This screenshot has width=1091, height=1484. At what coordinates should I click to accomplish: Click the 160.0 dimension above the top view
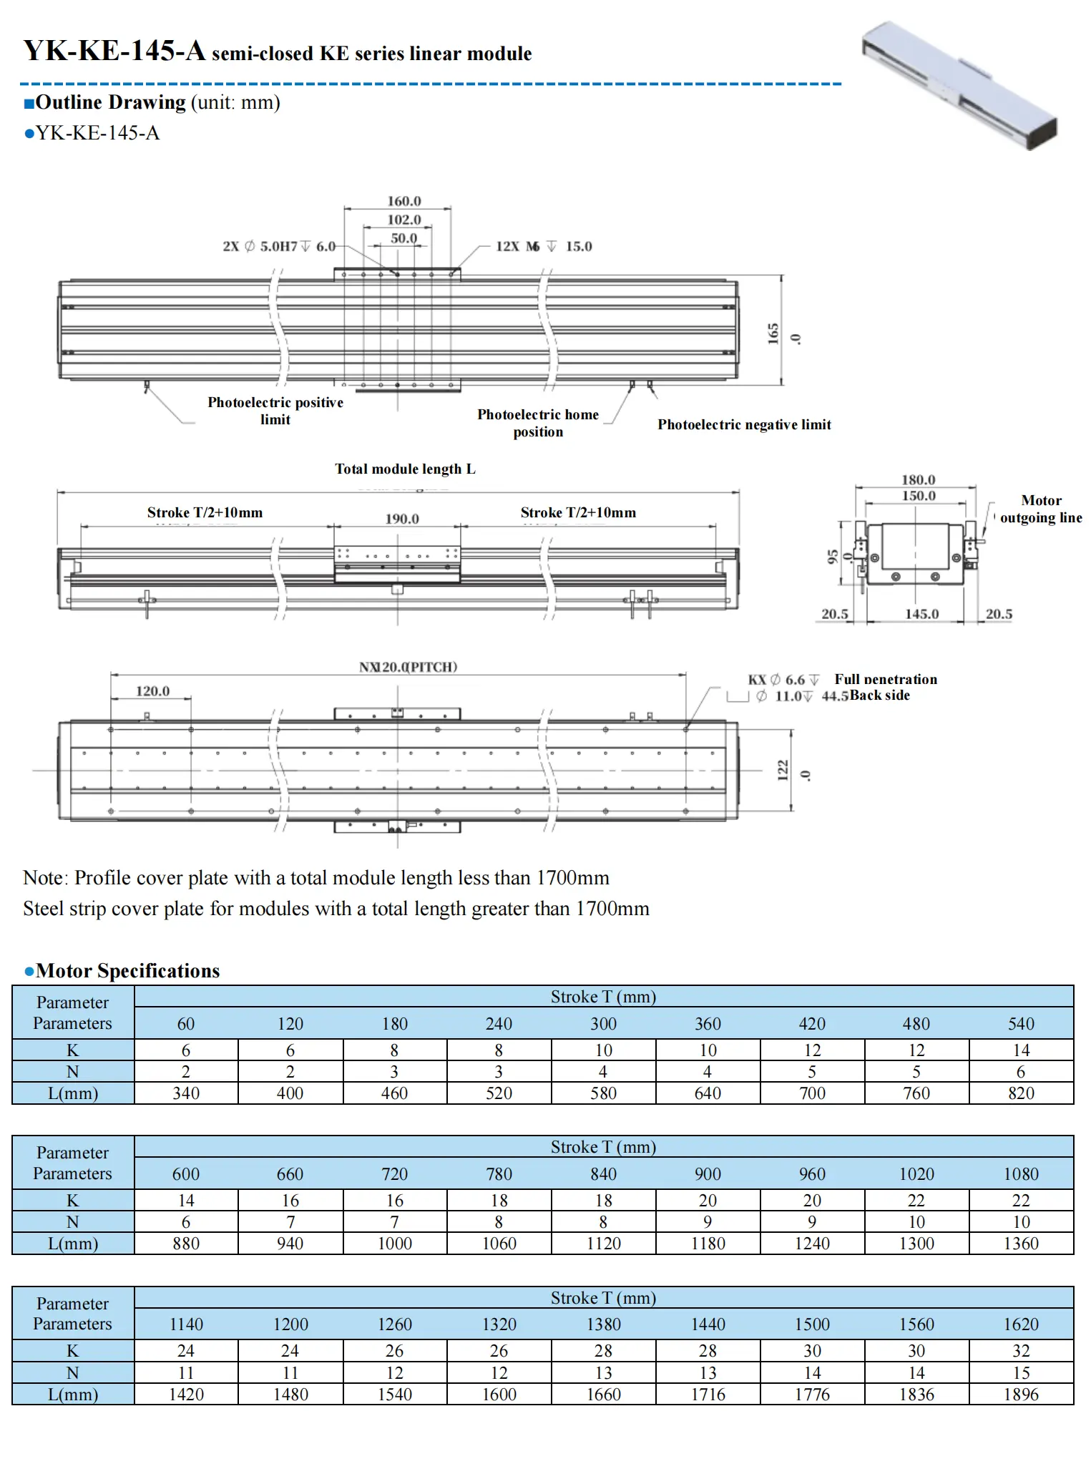[404, 202]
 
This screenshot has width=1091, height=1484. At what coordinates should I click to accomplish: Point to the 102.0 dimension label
[404, 220]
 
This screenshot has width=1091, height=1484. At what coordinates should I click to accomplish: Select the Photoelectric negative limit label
[744, 425]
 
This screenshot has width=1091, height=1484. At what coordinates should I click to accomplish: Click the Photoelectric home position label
[538, 423]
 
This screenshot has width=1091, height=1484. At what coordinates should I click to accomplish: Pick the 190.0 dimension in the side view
[402, 519]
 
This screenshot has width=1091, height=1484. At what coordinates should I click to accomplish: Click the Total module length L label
[405, 469]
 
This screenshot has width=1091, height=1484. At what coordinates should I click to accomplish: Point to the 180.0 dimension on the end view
[918, 480]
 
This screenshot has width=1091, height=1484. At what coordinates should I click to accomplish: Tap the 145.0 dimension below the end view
[921, 614]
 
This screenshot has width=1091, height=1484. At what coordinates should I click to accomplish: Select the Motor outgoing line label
[1041, 509]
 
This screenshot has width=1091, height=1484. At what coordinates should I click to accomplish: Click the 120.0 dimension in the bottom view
[153, 691]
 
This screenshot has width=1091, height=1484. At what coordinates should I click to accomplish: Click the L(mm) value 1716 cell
[708, 1395]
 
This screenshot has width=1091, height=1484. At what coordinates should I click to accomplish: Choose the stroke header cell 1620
[1021, 1324]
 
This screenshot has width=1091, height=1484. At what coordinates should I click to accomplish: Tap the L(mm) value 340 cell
[186, 1093]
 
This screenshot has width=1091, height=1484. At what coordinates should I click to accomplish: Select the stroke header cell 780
[499, 1174]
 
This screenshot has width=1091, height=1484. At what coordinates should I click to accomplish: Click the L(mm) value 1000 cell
[395, 1244]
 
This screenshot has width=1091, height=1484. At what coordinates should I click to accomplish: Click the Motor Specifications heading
[127, 971]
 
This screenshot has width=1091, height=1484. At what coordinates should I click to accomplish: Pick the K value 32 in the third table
[1021, 1351]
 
